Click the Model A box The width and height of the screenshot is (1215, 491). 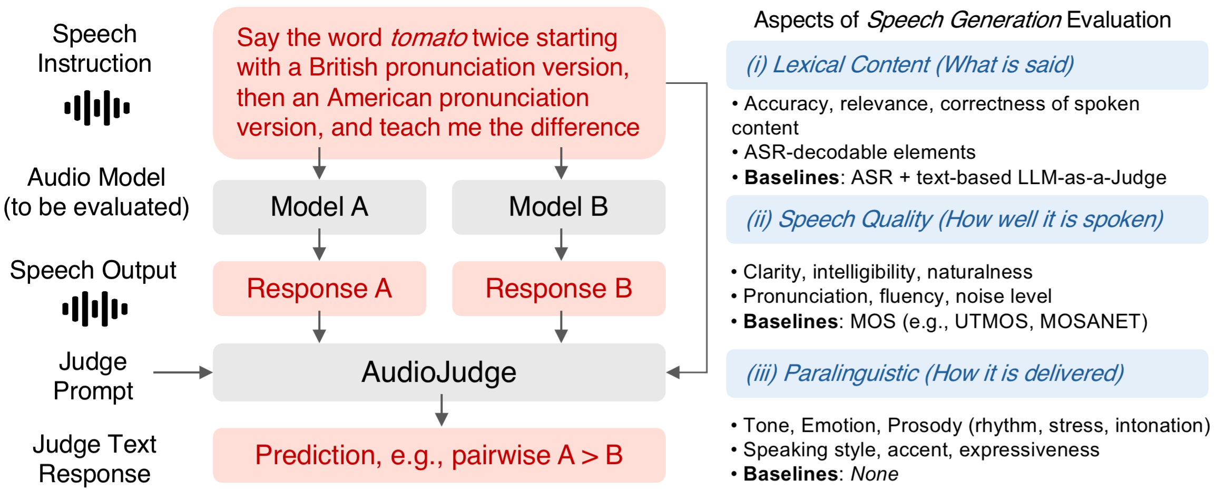coord(319,207)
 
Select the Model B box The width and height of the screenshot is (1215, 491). coord(558,207)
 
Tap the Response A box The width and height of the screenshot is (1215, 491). coord(319,288)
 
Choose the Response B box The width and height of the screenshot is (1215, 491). coord(558,288)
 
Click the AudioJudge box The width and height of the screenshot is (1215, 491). coord(439,372)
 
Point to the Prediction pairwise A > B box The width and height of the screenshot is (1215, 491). coord(439,455)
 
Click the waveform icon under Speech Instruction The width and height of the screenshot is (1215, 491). coord(97,108)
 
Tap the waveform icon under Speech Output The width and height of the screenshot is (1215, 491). coord(95,309)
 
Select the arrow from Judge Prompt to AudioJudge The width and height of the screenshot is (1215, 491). coord(182,372)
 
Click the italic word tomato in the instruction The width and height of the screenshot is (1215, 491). coord(428,38)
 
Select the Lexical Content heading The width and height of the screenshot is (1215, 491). coord(909,65)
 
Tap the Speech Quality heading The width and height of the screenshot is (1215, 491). coord(954,219)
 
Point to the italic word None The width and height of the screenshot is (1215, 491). coord(874,474)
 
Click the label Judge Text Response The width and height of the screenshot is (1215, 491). coord(95,459)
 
